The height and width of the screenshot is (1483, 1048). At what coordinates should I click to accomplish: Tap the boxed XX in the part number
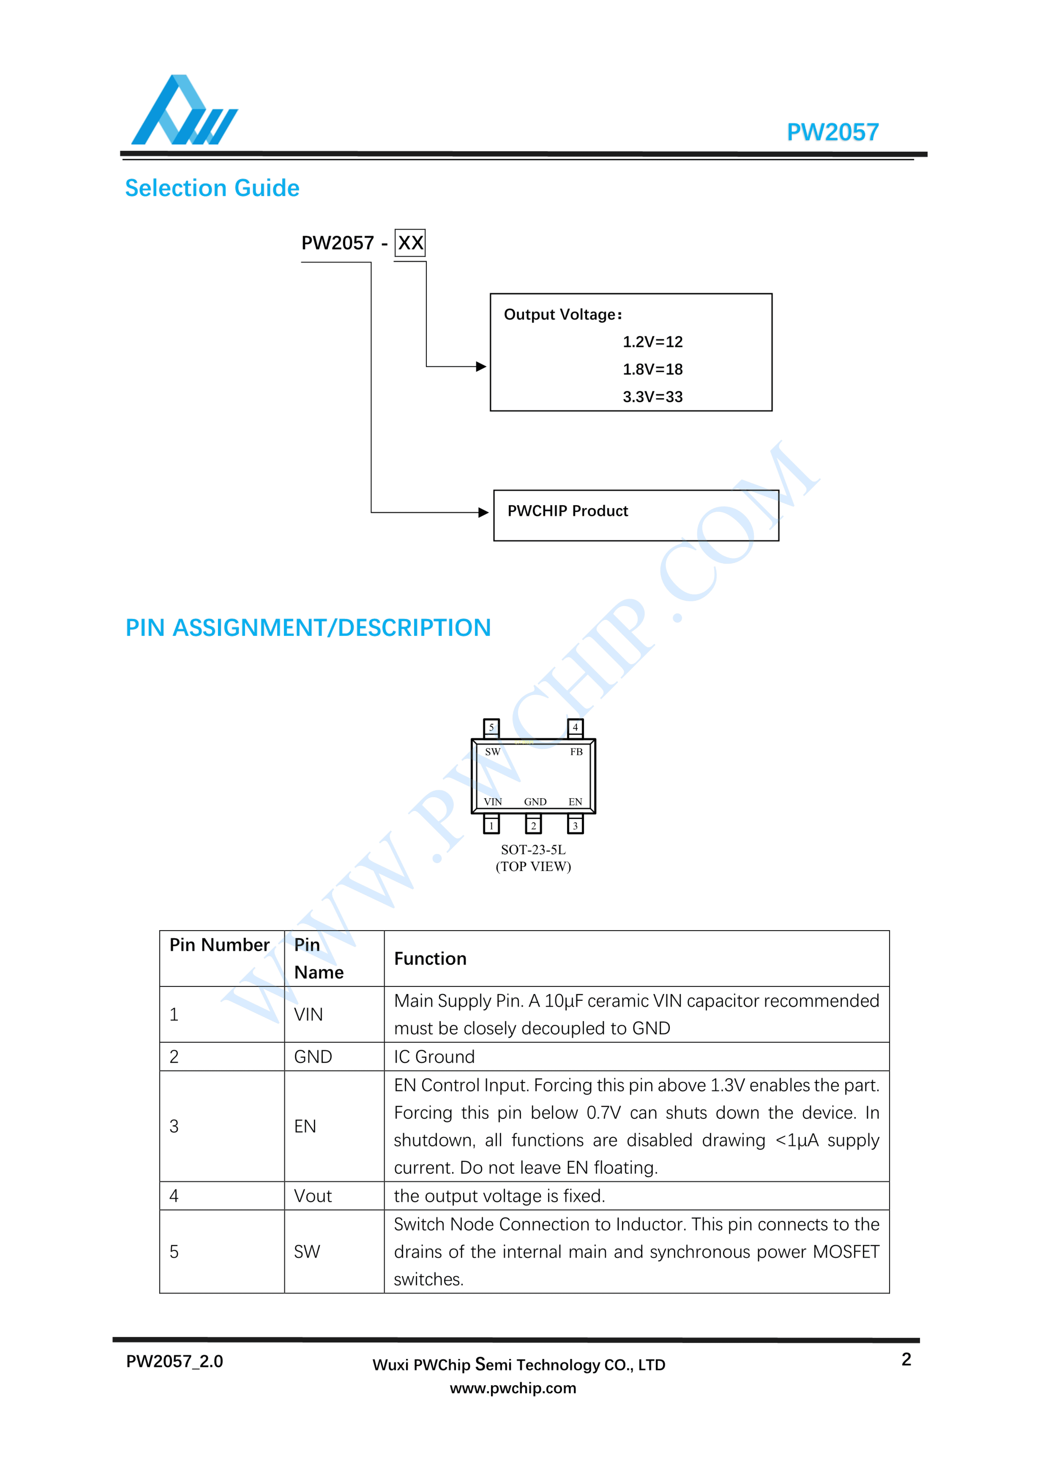pyautogui.click(x=410, y=243)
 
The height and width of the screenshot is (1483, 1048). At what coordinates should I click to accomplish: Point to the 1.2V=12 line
pyautogui.click(x=652, y=342)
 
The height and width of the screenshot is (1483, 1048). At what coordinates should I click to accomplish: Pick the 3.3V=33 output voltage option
pyautogui.click(x=652, y=397)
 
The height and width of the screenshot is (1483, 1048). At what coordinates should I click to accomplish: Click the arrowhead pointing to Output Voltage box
pyautogui.click(x=481, y=367)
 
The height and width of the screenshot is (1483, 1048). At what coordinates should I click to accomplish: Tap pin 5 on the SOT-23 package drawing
pyautogui.click(x=491, y=727)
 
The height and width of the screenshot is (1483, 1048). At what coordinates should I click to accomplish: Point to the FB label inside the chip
pyautogui.click(x=576, y=752)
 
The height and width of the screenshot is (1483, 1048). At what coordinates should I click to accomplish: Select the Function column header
pyautogui.click(x=430, y=958)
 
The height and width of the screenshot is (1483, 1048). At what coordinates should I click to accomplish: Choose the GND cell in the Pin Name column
pyautogui.click(x=313, y=1057)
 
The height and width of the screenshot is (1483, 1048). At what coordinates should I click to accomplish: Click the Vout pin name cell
pyautogui.click(x=313, y=1196)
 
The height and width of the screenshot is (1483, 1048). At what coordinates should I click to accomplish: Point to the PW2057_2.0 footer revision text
pyautogui.click(x=174, y=1362)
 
